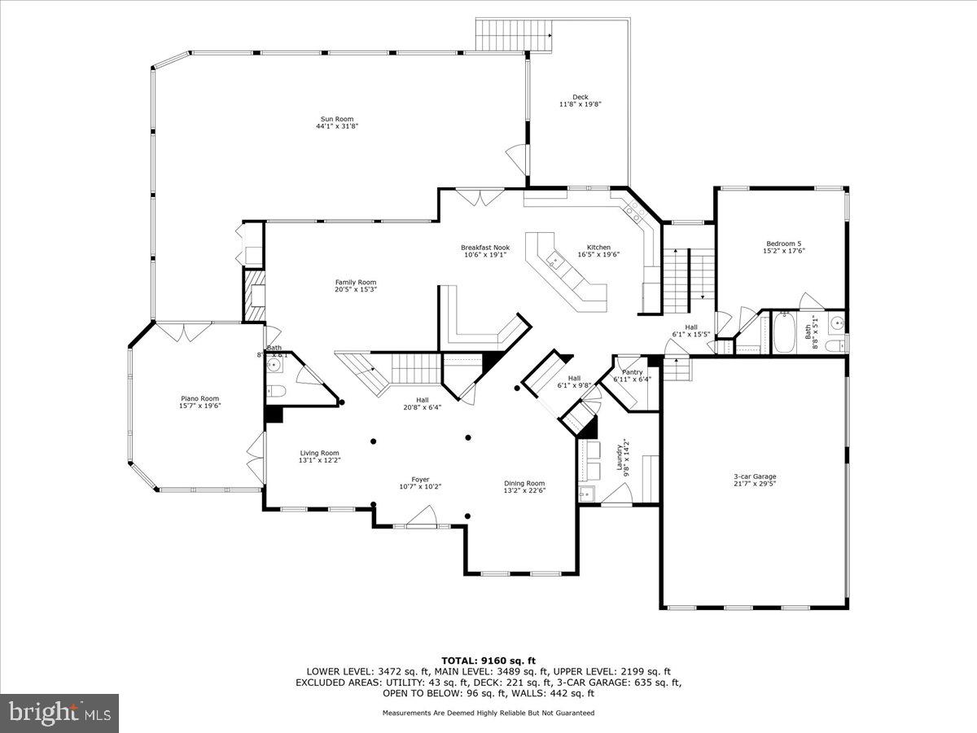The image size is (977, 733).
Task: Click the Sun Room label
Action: pos(337,119)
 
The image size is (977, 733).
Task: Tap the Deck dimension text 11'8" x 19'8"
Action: pos(580,104)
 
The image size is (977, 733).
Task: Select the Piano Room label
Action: pos(199,399)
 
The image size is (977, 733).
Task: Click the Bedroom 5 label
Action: pos(783,244)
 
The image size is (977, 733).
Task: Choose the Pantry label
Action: pos(632,372)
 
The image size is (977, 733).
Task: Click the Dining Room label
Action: pos(524,483)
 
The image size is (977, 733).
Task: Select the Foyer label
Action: pos(420,480)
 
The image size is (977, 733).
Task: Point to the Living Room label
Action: pos(319,453)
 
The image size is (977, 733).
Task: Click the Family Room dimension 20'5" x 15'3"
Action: pos(356,289)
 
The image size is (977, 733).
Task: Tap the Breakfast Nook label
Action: pos(484,248)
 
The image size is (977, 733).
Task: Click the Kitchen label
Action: pos(598,248)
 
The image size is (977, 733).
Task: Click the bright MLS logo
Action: pos(59,713)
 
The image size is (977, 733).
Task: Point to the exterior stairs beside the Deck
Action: pos(502,34)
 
